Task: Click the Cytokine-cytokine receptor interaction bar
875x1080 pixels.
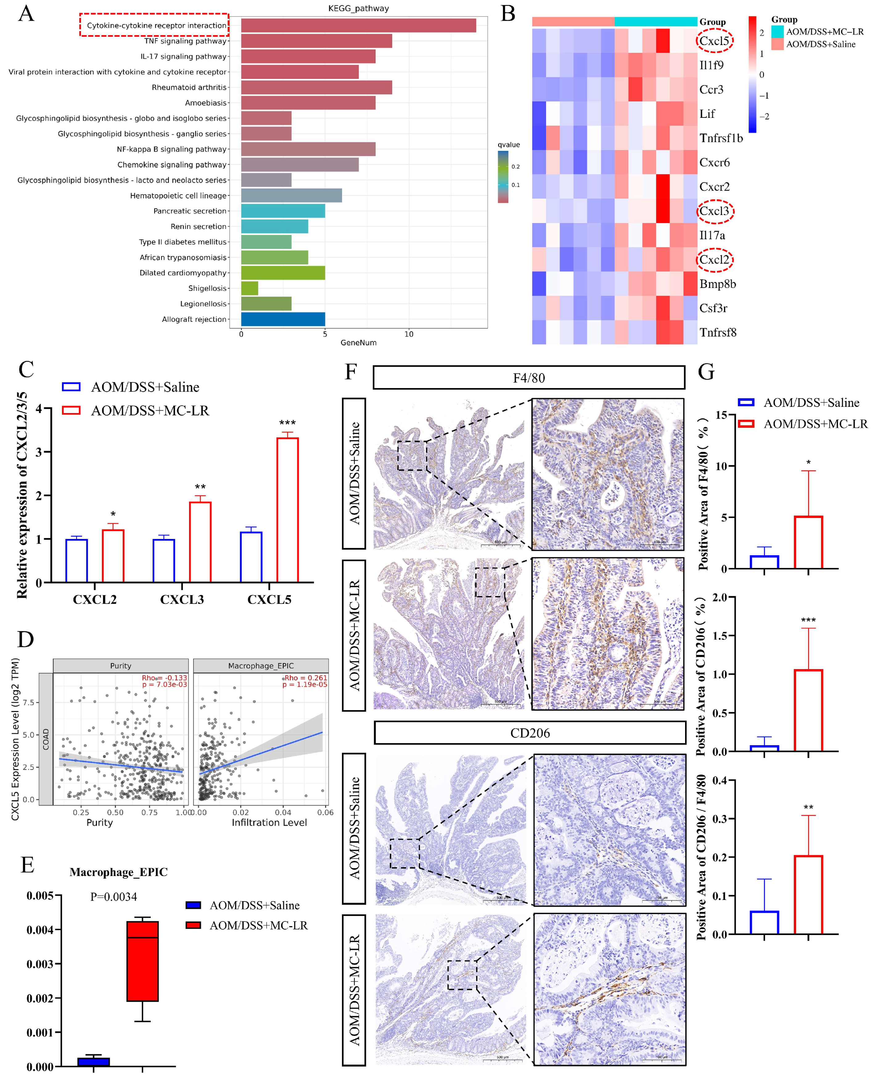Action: [358, 25]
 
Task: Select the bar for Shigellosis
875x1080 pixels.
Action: [249, 288]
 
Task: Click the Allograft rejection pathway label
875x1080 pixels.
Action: [194, 319]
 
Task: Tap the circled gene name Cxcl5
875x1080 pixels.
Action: [714, 41]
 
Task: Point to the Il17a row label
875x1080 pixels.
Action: [712, 235]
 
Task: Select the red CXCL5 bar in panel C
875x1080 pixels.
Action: [287, 509]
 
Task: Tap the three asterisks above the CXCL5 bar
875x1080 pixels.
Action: [287, 423]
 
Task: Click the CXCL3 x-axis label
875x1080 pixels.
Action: [182, 599]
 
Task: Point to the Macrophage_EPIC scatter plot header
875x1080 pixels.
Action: [261, 665]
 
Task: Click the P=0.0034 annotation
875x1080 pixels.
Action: [113, 896]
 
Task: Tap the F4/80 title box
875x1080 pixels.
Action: [529, 378]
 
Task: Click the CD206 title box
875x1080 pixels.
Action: [530, 733]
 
